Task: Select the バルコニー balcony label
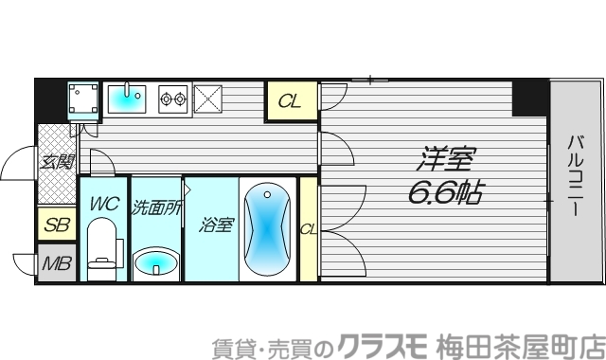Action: [575, 177]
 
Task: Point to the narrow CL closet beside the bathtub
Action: [308, 228]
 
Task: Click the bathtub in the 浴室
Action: [266, 229]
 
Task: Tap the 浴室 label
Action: [217, 225]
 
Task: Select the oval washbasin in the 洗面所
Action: [155, 262]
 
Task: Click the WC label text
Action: [103, 203]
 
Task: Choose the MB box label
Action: [56, 262]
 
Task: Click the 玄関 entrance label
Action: [56, 161]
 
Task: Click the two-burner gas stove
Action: [173, 98]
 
